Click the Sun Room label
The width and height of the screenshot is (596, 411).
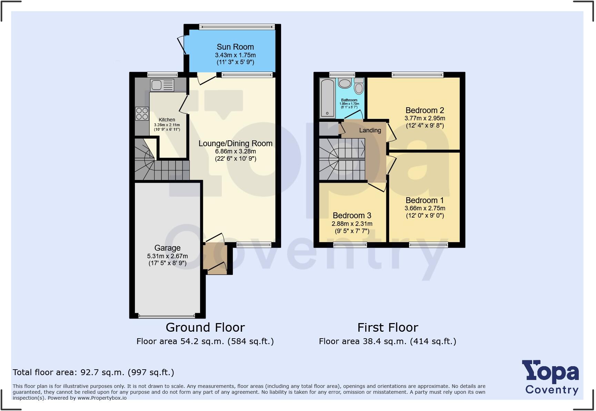point(235,47)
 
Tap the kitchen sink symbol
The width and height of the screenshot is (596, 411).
point(162,85)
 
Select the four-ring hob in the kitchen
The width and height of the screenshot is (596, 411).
point(142,114)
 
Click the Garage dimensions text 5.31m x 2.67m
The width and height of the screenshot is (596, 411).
point(167,256)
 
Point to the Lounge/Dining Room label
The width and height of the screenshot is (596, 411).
point(235,143)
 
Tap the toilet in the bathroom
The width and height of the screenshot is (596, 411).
point(359,87)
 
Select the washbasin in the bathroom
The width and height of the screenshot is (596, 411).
point(345,83)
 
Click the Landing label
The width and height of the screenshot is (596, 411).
point(370,130)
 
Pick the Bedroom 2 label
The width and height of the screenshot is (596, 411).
point(425,110)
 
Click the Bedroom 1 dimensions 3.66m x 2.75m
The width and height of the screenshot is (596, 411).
point(425,208)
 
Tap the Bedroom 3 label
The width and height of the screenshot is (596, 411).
point(352,215)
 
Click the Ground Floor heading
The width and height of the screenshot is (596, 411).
point(205,327)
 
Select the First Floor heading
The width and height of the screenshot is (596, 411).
point(388,327)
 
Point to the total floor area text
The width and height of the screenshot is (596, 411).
point(93,372)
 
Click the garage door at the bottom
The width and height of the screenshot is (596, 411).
point(167,315)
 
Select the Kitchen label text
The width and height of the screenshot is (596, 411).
point(167,120)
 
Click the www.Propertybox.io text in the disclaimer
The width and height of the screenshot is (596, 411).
point(102,398)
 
